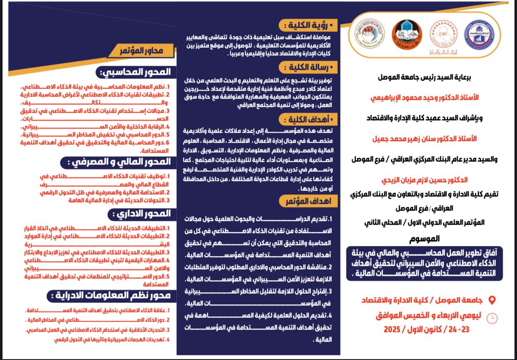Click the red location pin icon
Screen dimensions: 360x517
[x=492, y=300]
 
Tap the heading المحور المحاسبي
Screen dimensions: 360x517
[x=135, y=72]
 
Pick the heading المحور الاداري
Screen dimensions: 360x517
[x=142, y=214]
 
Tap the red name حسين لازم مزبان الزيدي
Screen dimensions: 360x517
[x=425, y=180]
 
